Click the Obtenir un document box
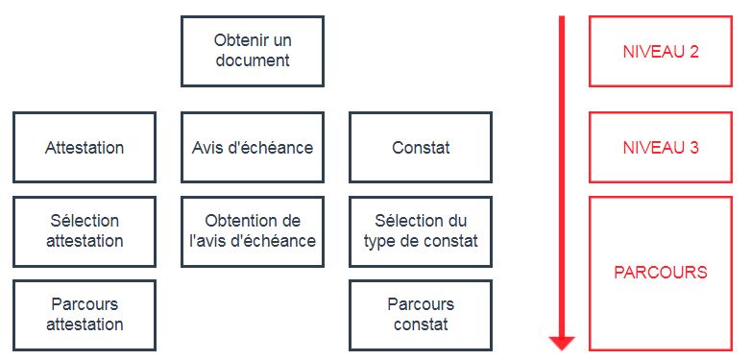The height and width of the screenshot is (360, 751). coord(253,51)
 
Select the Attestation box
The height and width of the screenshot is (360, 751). coord(85,148)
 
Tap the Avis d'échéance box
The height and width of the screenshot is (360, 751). coord(253,148)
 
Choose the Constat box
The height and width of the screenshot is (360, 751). coord(421,148)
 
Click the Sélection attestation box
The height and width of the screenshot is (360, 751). coord(85,231)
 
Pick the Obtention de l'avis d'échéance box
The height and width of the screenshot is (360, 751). coord(253,231)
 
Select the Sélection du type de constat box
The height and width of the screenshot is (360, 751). coord(421,231)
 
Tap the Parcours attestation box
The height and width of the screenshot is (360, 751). coord(85,315)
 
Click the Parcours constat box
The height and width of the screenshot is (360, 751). coord(421,315)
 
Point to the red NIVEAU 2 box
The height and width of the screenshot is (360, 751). coord(661,51)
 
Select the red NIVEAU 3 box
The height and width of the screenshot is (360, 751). coord(661,148)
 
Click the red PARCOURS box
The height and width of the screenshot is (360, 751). coord(661,273)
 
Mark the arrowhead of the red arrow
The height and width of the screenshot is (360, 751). coord(562,342)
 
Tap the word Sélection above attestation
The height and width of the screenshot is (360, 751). coord(85,222)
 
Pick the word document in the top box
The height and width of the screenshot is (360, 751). coord(253,60)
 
